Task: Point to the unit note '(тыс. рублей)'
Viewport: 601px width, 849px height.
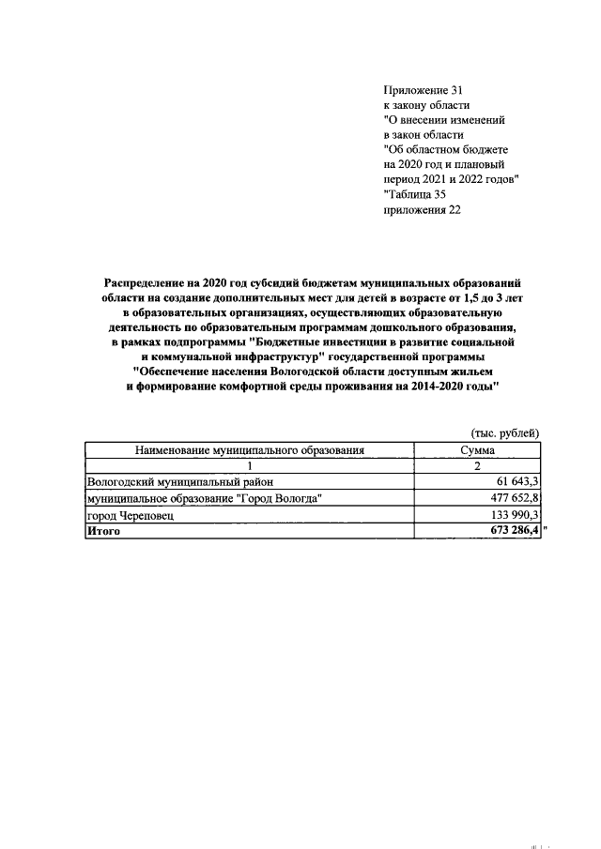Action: click(504, 432)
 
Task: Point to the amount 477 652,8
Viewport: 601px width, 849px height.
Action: click(509, 499)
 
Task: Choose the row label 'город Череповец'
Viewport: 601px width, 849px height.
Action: click(130, 515)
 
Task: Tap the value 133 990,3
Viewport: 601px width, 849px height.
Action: click(509, 515)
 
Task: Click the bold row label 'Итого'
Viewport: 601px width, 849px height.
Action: click(103, 531)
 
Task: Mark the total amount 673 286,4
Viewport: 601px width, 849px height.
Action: click(509, 531)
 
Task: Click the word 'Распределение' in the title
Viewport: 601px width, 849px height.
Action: click(148, 282)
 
